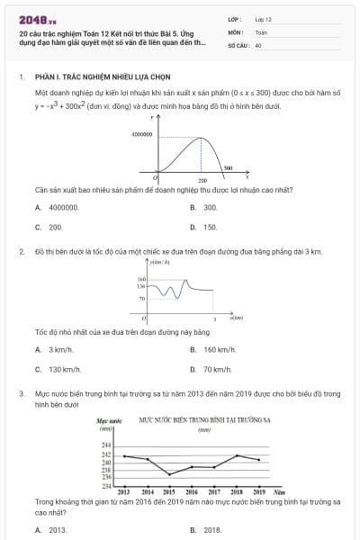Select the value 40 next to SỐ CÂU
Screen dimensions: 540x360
point(258,44)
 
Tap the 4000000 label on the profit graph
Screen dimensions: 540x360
point(141,133)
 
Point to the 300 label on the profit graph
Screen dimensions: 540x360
point(228,167)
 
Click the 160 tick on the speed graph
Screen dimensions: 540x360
point(141,279)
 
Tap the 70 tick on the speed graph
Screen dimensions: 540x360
point(142,297)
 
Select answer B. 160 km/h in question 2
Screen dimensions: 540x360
point(213,349)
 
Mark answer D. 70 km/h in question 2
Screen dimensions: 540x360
point(211,369)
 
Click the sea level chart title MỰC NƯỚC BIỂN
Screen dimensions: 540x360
point(205,419)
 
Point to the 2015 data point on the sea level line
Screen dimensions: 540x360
point(169,473)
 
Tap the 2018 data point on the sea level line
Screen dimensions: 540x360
point(237,455)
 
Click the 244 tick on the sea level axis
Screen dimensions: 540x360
point(106,445)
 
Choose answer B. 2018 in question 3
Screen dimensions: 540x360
point(206,530)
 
